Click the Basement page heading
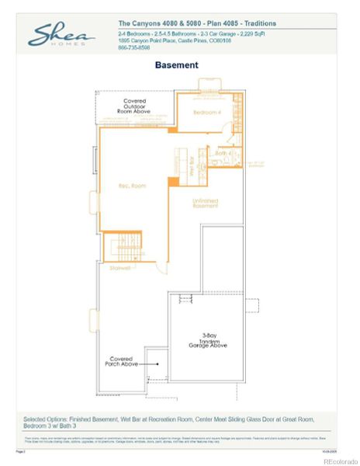pyautogui.click(x=176, y=65)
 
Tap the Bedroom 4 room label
pyautogui.click(x=207, y=113)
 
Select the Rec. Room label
pyautogui.click(x=132, y=186)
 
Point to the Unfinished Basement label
pyautogui.click(x=206, y=203)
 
